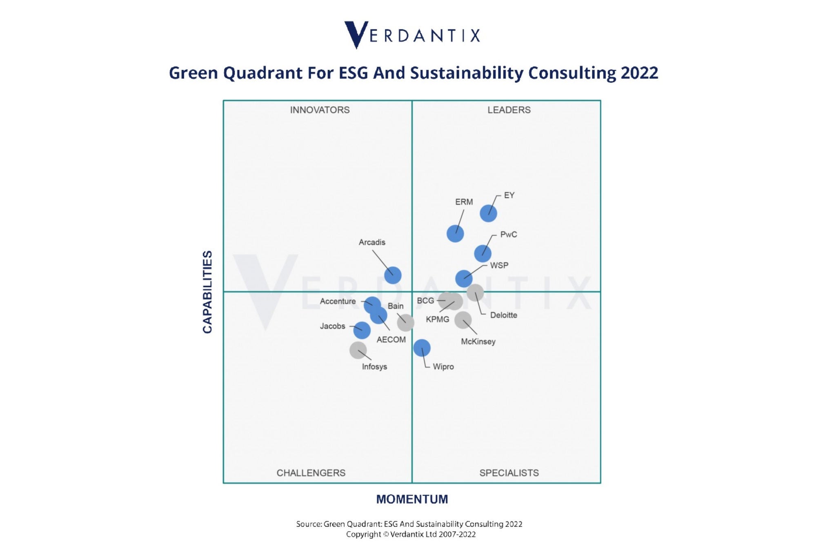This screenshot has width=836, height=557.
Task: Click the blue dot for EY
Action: click(488, 213)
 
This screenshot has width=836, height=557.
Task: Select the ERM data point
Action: click(455, 234)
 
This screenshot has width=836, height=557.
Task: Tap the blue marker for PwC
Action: click(482, 253)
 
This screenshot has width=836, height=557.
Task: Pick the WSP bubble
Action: click(464, 279)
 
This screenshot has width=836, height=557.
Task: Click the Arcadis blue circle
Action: click(393, 275)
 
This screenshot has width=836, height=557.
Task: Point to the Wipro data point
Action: click(422, 348)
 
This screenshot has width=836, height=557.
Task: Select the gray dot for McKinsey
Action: click(463, 320)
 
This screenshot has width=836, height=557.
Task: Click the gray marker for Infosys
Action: click(358, 350)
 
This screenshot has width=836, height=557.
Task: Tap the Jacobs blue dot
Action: click(362, 330)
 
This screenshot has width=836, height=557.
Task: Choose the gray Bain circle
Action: click(405, 323)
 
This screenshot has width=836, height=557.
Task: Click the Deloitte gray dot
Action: click(475, 293)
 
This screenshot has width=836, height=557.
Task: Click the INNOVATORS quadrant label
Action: click(320, 110)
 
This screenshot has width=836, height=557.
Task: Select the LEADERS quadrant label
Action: click(509, 110)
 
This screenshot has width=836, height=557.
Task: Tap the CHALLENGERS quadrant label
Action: click(311, 473)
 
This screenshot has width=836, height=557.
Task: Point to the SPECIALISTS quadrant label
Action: click(509, 473)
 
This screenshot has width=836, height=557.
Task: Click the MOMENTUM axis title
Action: click(412, 499)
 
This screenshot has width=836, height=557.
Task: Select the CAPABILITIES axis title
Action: click(207, 292)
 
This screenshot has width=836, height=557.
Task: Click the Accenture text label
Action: click(338, 301)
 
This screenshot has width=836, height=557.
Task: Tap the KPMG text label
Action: click(437, 320)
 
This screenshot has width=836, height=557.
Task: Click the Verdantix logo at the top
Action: click(412, 35)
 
